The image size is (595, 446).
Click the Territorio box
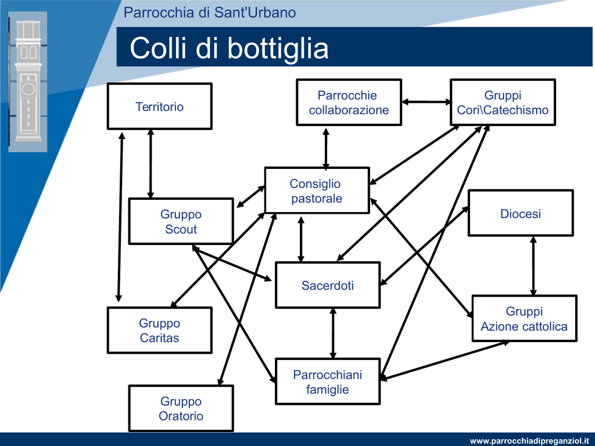coord(159,106)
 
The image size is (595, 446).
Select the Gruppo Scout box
coord(181,221)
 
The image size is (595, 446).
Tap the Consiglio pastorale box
coord(317,190)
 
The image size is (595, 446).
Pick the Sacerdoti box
coord(328,285)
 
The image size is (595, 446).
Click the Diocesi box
coord(521,213)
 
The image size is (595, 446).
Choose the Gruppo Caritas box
coord(159,330)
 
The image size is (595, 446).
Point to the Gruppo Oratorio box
coord(181,408)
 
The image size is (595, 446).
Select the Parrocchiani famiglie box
coord(328,382)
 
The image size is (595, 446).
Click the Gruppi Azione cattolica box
coord(525,319)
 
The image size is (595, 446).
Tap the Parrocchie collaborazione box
coord(349,102)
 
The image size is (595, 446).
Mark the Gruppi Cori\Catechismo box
coord(503,102)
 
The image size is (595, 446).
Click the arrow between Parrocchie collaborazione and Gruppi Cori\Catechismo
coord(426,102)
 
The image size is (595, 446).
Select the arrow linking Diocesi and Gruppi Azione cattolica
coord(533,266)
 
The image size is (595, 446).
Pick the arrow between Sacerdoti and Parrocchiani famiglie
coord(333,333)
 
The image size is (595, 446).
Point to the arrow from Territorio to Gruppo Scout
coord(150,163)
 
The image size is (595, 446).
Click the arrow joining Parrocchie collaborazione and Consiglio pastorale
coord(325,149)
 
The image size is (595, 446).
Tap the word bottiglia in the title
coord(278,48)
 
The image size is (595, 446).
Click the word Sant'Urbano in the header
coord(255,13)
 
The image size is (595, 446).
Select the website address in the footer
coord(529,441)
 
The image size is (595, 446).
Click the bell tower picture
coord(28,81)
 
